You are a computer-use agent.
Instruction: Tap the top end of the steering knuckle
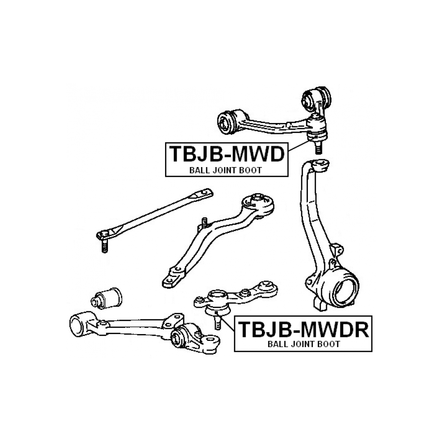tap(320, 166)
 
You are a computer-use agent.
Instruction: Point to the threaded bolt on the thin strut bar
tap(104, 245)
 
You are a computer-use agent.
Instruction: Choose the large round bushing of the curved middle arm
tap(259, 203)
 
